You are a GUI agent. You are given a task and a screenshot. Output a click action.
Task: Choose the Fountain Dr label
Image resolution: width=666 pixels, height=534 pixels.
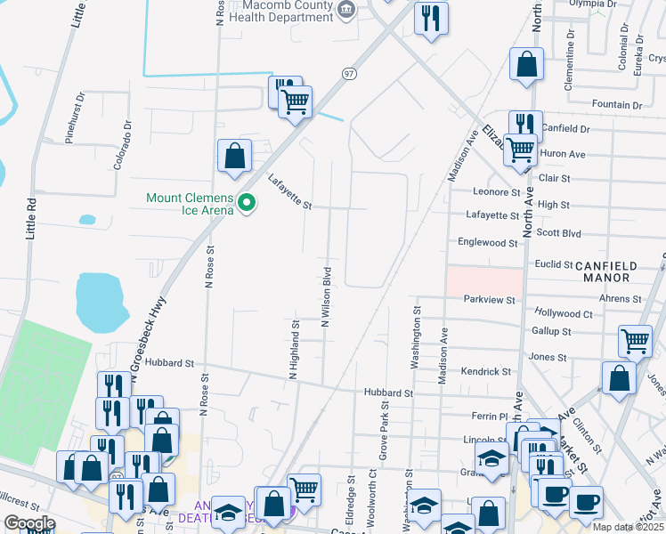coord(616,104)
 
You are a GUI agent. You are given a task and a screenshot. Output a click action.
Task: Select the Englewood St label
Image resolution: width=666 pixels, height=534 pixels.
coord(487,242)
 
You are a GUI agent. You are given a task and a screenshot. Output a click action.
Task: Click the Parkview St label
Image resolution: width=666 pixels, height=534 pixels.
coord(489,300)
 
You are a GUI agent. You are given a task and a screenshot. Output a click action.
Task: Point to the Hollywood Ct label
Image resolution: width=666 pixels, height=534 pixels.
coord(564,313)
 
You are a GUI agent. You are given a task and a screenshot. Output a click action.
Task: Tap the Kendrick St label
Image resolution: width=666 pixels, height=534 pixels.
coord(485,371)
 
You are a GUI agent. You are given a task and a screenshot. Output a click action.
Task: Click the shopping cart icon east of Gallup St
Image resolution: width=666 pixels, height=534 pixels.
coord(635,340)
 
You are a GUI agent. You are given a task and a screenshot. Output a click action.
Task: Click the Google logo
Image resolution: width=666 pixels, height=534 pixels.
coord(28,523)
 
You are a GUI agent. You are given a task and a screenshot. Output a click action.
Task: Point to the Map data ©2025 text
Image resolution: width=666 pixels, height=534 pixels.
coord(627,527)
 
